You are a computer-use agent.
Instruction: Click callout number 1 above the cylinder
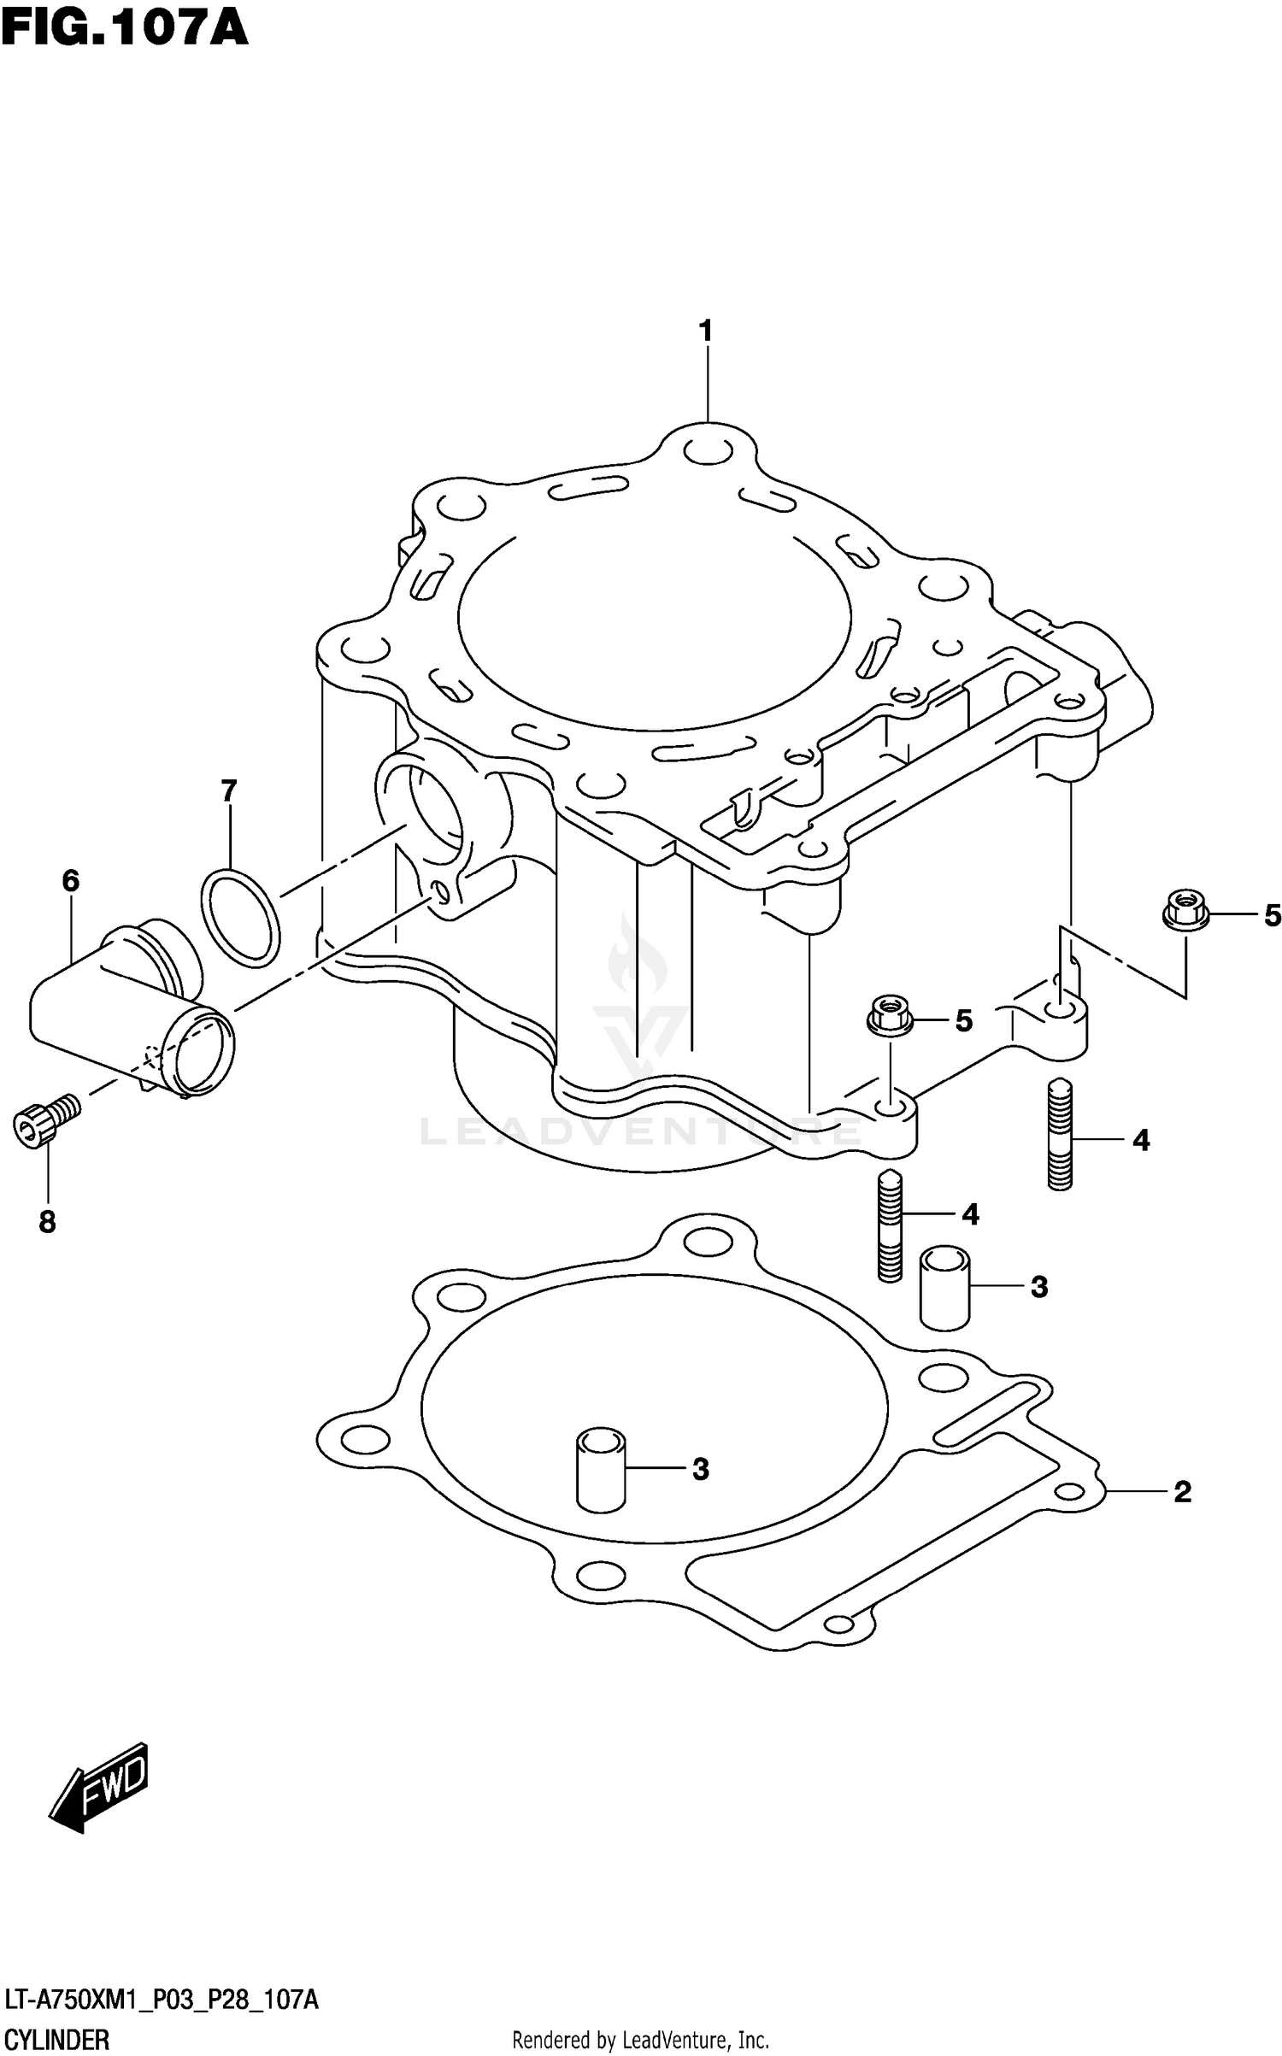706,331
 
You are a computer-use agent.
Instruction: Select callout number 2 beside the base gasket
1182,1492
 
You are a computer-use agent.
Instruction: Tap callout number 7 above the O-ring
228,791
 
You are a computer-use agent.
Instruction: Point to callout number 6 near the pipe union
71,880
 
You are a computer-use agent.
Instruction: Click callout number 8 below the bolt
47,1223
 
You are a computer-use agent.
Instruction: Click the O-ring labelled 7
240,918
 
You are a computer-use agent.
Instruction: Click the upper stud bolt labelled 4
1059,1133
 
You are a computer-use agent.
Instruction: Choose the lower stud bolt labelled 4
890,1225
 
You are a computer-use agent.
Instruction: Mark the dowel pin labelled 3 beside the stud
944,1288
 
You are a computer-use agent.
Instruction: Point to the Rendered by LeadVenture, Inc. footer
640,2038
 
